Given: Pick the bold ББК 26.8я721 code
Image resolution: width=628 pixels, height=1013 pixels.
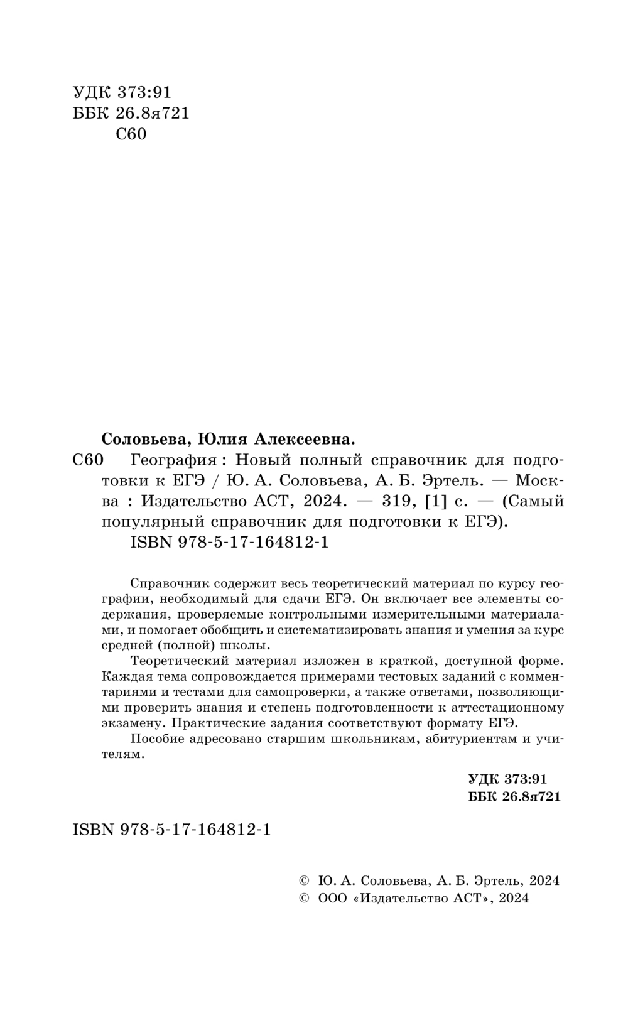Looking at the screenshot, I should pyautogui.click(x=514, y=796).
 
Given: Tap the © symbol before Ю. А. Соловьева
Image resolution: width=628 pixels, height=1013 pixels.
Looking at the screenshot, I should pyautogui.click(x=305, y=880).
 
